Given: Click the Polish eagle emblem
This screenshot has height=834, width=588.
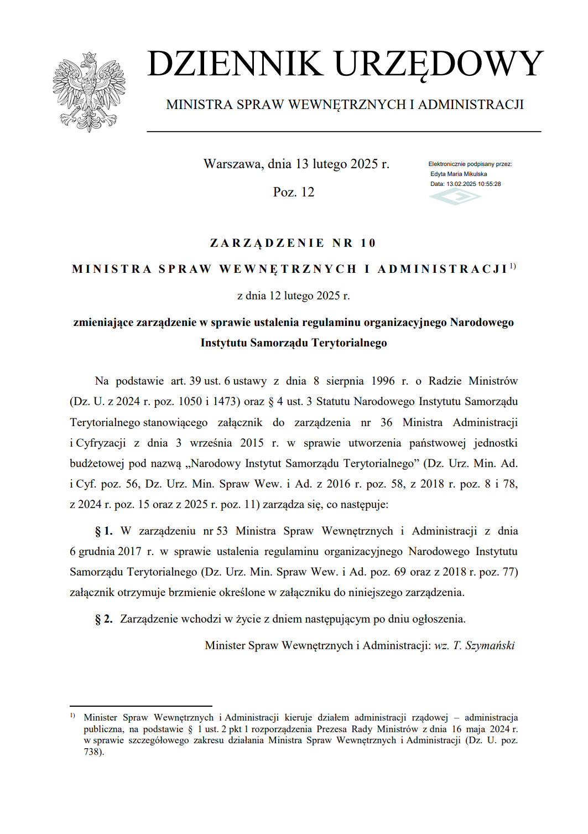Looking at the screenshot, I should click(x=89, y=92).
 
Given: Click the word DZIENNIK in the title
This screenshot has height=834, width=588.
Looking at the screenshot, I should click(x=235, y=64).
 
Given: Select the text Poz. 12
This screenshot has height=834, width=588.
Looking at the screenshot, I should click(x=293, y=192).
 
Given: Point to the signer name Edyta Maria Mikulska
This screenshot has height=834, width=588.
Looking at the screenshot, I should click(x=459, y=174).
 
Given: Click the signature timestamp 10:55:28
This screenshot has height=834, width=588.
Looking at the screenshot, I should click(x=489, y=184).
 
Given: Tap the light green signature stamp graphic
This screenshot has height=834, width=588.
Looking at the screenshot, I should click(x=455, y=196).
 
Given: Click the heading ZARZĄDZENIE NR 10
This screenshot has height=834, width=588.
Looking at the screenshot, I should click(x=293, y=243).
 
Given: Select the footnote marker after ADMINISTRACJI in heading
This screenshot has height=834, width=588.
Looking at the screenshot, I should click(x=513, y=266).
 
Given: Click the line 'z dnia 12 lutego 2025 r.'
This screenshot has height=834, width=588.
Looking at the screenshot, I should click(x=293, y=296).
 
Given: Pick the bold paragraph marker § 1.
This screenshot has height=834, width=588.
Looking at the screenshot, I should click(x=103, y=531).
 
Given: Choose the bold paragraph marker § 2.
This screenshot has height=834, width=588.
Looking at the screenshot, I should click(x=103, y=619).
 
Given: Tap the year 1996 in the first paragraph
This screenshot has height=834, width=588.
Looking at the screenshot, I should click(x=383, y=381).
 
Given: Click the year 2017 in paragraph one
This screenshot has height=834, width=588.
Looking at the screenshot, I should click(x=129, y=552).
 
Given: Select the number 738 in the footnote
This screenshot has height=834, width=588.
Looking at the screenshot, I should click(x=92, y=752).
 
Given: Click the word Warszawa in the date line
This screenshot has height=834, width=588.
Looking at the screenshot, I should click(x=232, y=164).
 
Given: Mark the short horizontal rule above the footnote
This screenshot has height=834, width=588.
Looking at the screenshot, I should click(x=141, y=706).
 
